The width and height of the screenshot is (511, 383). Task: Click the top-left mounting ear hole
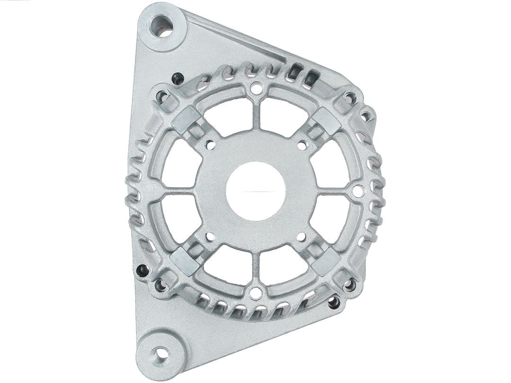pos(163,26)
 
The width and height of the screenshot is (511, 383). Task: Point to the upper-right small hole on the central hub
pos(301,145)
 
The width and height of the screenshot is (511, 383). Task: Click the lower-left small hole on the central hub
pos(210,236)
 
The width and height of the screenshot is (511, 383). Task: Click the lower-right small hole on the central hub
pos(301,237)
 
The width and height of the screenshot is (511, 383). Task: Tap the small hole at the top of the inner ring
pos(256,87)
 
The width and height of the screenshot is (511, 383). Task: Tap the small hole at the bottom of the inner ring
pos(255,293)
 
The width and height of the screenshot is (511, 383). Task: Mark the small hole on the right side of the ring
pos(358,191)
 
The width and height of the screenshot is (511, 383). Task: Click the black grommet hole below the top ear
pos(177,78)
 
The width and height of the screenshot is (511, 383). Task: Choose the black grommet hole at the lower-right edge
pos(334,302)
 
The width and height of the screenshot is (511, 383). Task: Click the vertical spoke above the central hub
pos(256,113)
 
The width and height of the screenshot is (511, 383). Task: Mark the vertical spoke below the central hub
pos(256,267)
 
